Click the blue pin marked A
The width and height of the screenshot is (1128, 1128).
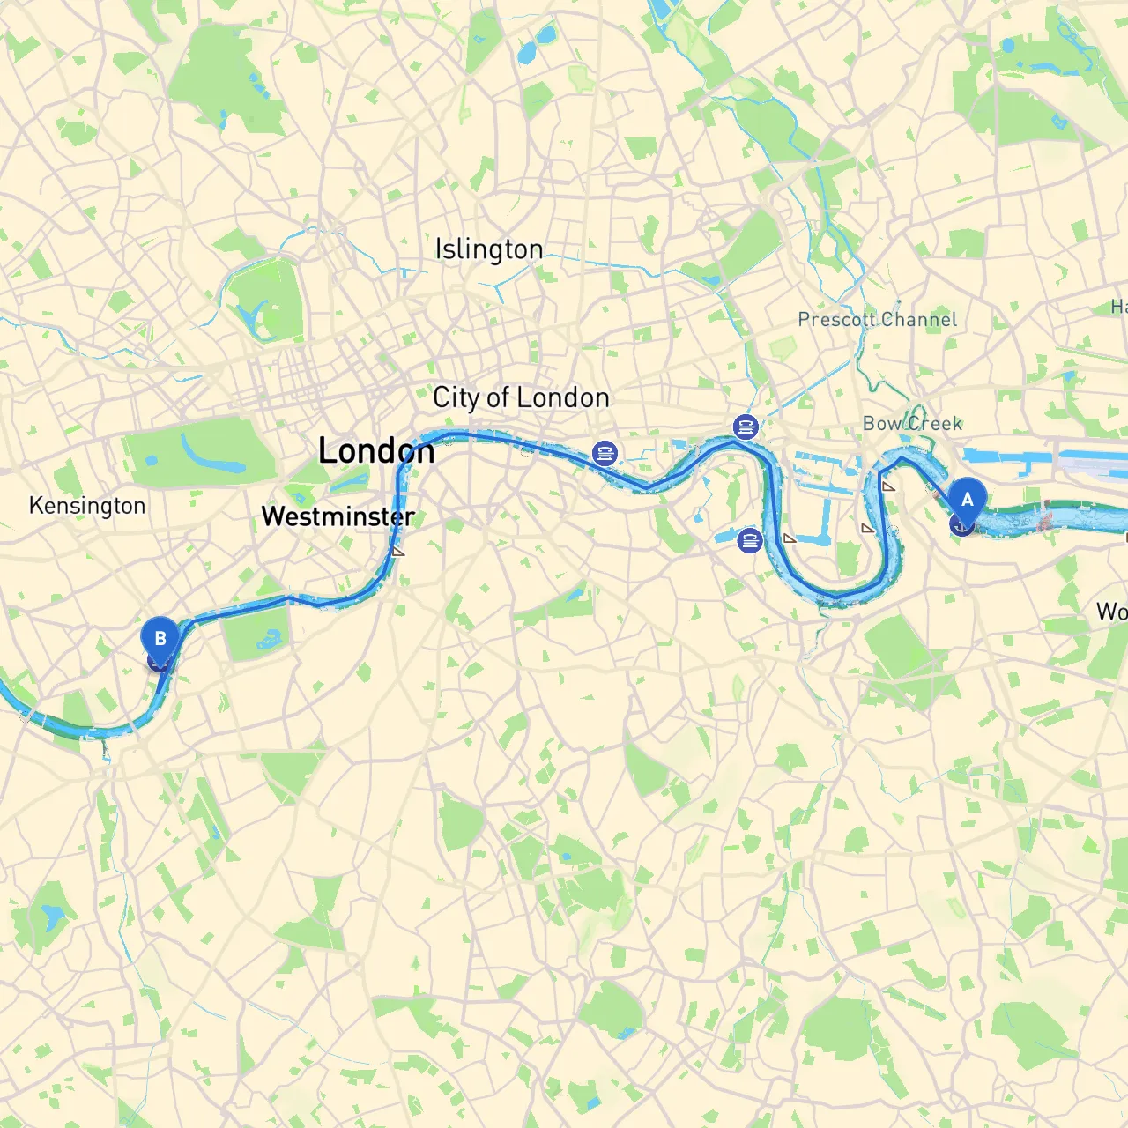(x=967, y=500)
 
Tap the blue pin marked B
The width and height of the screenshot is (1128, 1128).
(x=160, y=639)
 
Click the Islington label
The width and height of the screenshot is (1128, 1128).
(x=489, y=249)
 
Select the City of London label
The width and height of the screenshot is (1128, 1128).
(x=521, y=397)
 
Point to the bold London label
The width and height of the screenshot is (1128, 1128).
(x=376, y=451)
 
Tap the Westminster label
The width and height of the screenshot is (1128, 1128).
(x=338, y=516)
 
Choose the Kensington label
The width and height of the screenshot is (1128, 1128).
(x=87, y=506)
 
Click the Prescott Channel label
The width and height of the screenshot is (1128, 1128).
(x=877, y=319)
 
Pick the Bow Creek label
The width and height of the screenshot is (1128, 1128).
(x=912, y=424)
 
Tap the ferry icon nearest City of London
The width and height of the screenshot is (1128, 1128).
(x=605, y=454)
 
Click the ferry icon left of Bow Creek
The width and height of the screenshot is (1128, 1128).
(x=746, y=428)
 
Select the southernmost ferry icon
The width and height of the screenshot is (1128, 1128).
(x=749, y=539)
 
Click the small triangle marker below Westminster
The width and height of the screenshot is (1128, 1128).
(x=398, y=552)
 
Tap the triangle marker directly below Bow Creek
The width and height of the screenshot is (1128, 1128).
(x=887, y=486)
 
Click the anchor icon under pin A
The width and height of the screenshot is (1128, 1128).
(x=961, y=525)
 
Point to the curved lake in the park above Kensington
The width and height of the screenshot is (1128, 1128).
(x=204, y=452)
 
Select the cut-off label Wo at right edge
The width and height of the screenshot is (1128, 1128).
(x=1112, y=611)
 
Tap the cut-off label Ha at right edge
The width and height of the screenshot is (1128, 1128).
(x=1118, y=307)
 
